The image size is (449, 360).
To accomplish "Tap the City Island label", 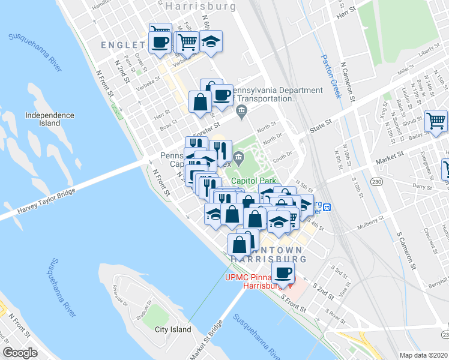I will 173,329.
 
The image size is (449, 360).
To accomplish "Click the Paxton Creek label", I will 331,76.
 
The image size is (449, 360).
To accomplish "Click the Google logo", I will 20,353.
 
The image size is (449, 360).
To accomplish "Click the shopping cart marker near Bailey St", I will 436,121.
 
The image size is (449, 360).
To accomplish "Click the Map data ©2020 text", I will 423,355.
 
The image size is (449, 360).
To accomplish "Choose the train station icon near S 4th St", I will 327,207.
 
